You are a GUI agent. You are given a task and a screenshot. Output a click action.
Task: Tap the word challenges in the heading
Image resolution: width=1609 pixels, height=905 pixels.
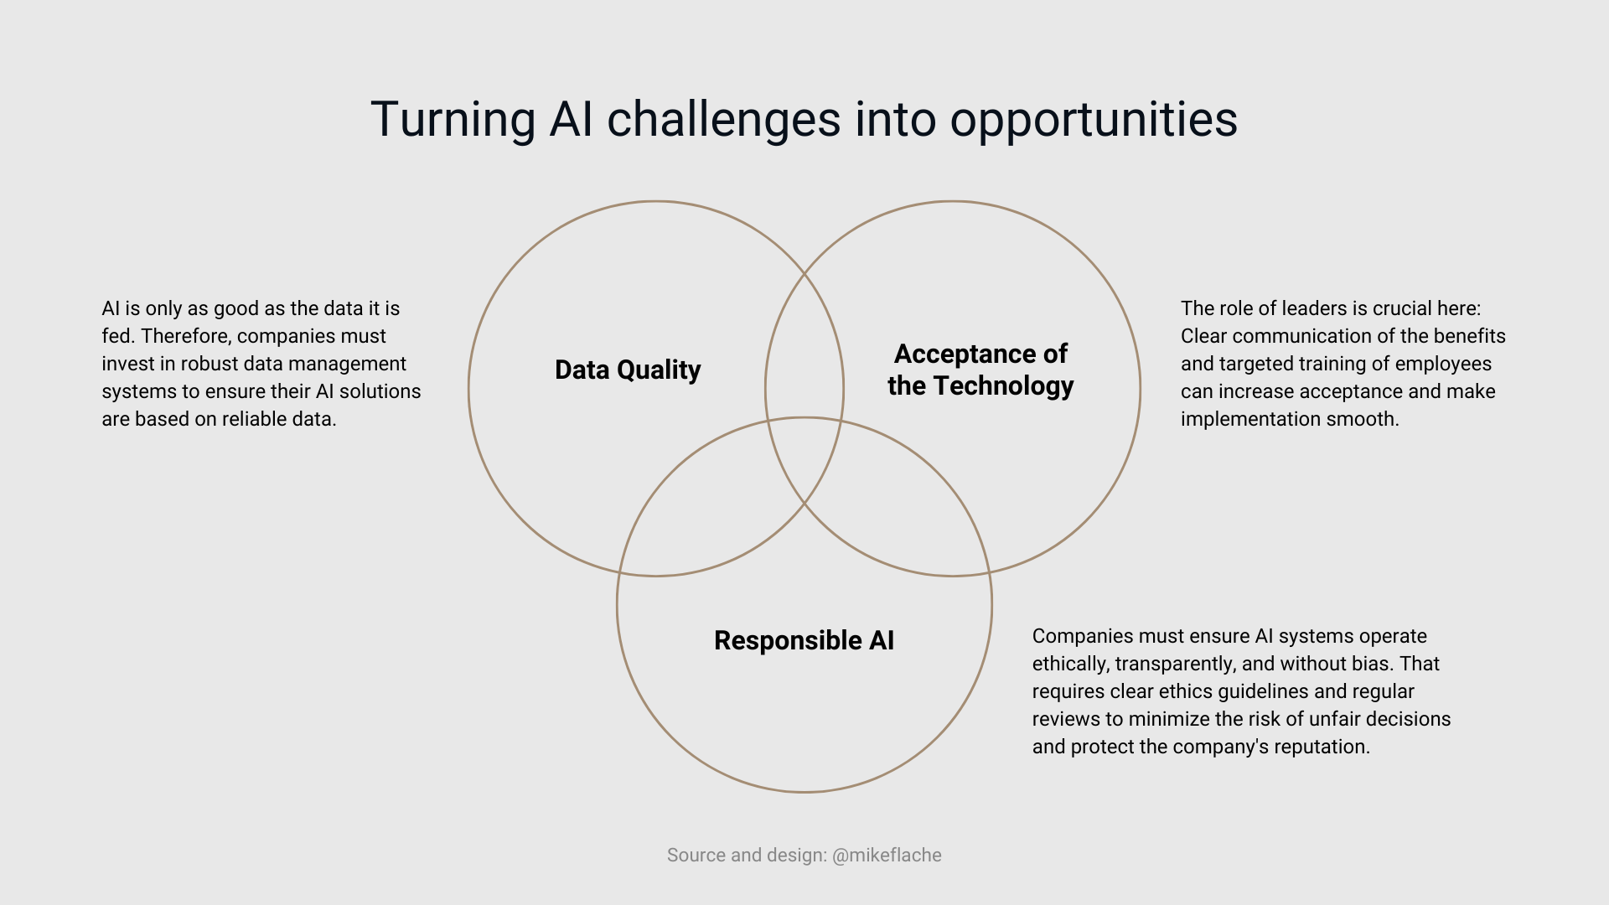click(x=723, y=120)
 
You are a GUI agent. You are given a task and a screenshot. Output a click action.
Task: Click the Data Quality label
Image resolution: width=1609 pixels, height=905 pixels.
click(x=628, y=370)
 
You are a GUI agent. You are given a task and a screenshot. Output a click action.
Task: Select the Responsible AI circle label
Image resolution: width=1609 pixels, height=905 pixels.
click(x=804, y=640)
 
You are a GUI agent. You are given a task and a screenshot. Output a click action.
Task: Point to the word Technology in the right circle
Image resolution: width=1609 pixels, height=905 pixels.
click(x=1003, y=385)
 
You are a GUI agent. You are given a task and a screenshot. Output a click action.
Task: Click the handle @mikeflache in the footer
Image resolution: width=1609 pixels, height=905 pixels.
click(x=887, y=856)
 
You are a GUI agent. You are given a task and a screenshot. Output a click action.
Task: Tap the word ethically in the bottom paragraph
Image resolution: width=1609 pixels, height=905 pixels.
click(x=1070, y=664)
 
